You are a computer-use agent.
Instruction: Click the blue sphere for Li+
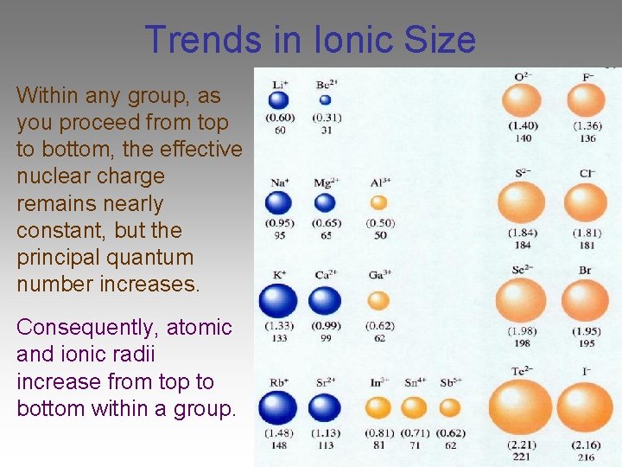[x=278, y=100]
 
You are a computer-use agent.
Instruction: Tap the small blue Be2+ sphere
[x=325, y=99]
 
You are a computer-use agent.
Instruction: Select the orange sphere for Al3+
[x=378, y=203]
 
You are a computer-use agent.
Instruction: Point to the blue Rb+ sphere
[x=277, y=407]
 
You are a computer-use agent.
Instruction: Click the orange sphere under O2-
[x=522, y=101]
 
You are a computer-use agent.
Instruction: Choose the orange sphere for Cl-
[x=587, y=203]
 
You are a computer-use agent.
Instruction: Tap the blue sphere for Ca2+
[x=325, y=301]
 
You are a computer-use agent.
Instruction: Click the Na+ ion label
[x=278, y=182]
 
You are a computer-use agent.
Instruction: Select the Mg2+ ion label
[x=326, y=182]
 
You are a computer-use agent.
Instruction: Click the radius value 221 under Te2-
[x=521, y=457]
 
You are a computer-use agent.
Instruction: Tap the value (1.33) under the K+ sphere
[x=278, y=326]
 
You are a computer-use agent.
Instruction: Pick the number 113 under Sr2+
[x=325, y=446]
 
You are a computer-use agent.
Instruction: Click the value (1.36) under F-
[x=587, y=126]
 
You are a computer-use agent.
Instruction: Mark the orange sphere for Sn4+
[x=414, y=407]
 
